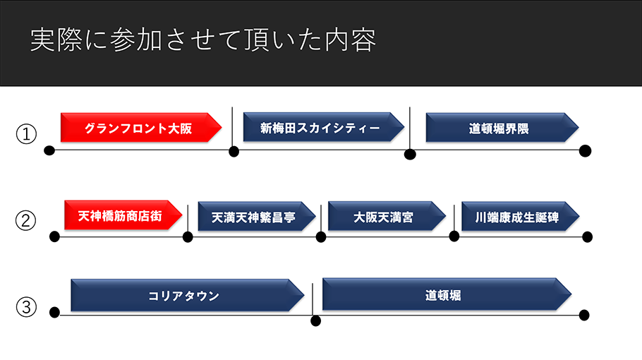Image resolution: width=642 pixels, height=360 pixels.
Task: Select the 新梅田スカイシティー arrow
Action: coord(323,127)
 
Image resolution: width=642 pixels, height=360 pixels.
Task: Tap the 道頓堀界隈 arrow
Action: coord(502,128)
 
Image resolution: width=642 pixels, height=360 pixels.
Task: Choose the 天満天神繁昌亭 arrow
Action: coord(257,216)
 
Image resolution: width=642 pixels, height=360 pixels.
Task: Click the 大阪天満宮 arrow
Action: coord(387,216)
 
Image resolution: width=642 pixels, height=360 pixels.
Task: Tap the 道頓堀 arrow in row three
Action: coord(447,294)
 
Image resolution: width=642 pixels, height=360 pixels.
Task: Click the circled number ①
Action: coord(26,134)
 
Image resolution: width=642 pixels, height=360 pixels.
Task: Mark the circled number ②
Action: coord(26,220)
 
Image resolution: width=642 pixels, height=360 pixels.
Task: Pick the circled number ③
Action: coord(26,307)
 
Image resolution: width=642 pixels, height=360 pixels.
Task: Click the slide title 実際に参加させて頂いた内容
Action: coord(203,40)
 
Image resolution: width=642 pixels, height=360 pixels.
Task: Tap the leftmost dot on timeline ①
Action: coord(49,150)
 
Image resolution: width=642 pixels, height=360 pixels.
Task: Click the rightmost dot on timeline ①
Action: coord(585,151)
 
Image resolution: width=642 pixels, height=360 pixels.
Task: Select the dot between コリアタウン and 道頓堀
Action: coord(315,320)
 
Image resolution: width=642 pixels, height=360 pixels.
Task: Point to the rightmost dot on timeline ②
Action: coord(587,236)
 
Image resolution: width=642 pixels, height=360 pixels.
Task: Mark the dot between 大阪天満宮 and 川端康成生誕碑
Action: coord(454,236)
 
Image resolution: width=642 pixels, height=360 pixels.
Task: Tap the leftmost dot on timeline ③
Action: coord(54,313)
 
